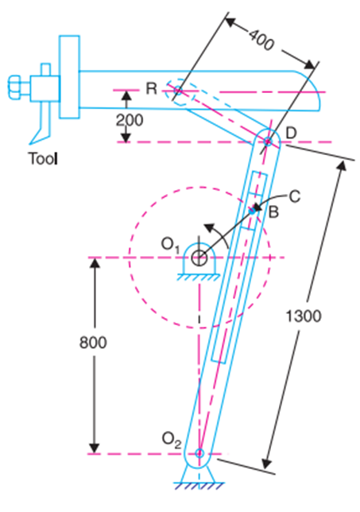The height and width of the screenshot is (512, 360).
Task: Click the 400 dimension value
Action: coord(261,41)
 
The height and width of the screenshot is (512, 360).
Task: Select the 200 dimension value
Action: coord(130,121)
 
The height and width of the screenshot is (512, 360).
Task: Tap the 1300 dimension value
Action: coord(304,316)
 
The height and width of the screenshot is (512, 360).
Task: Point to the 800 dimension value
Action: coord(93,343)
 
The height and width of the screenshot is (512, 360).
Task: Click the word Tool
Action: coord(43,159)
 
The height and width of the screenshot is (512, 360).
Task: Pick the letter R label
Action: coord(152,88)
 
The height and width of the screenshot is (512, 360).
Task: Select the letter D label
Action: coord(291,134)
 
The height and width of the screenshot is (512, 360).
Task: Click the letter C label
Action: coord(295,197)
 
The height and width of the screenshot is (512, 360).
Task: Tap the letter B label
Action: coord(273,212)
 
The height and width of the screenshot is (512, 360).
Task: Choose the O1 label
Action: coord(170,245)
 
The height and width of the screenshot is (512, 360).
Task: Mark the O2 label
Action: coord(172,440)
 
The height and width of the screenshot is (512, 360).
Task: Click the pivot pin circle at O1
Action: coord(199,258)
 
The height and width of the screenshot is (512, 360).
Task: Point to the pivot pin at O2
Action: coord(199,453)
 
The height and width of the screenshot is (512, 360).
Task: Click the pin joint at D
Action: coord(268,142)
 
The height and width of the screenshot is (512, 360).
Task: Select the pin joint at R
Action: coord(177,90)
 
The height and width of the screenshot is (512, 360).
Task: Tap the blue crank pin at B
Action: coord(252,211)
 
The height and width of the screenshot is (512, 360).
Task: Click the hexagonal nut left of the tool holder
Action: coord(14,87)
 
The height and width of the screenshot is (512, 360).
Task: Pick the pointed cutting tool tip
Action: coord(30,143)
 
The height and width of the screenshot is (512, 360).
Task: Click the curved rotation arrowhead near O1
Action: coord(209,227)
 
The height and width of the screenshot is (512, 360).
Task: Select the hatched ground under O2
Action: coord(199,486)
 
